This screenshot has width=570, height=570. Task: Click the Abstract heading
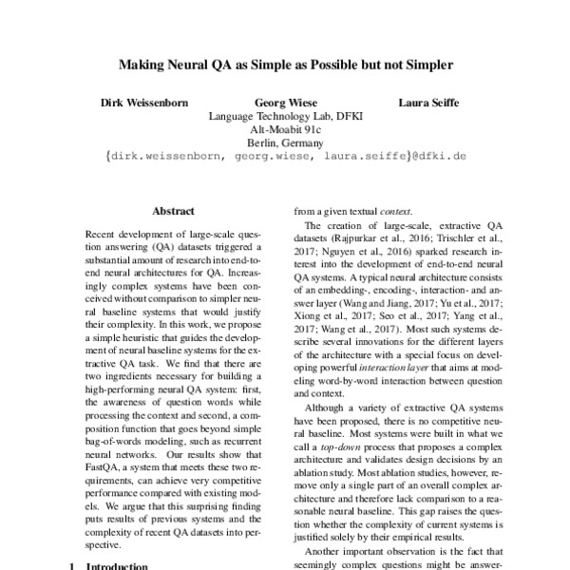coord(173,212)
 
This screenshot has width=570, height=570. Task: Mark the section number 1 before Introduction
coord(75,566)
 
